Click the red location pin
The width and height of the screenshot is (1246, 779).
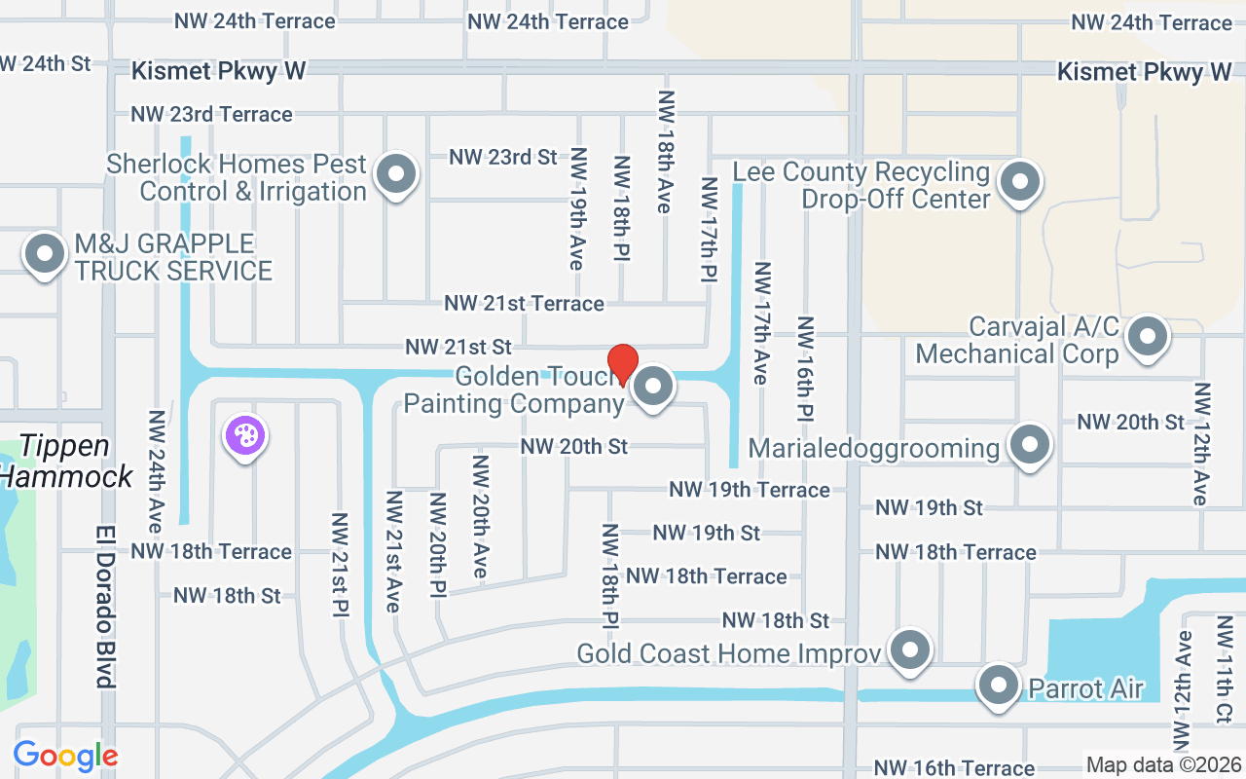tap(622, 364)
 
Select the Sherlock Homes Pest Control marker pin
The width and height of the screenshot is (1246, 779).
tap(395, 175)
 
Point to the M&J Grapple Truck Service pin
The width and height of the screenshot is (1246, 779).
tap(44, 255)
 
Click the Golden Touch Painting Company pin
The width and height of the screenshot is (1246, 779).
tap(653, 387)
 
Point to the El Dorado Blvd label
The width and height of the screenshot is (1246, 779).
tap(106, 606)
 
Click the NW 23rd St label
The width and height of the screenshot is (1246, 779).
tap(502, 157)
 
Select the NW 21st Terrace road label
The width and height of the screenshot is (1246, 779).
tap(524, 304)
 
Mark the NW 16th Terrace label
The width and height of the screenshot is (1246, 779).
tap(954, 768)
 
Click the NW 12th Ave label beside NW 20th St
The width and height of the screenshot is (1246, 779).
tap(1203, 443)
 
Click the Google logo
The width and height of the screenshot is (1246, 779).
tap(65, 756)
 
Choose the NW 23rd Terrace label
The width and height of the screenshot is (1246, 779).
tap(211, 115)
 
